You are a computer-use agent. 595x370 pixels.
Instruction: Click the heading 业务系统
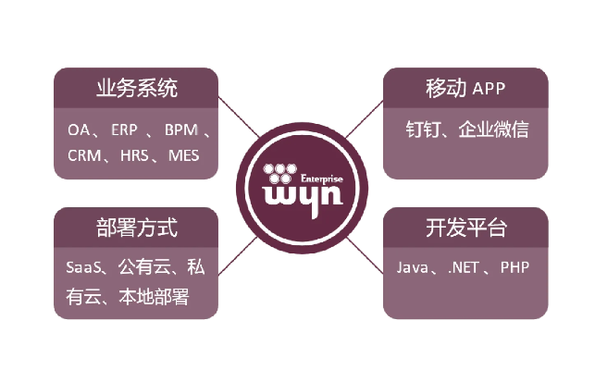coord(137,89)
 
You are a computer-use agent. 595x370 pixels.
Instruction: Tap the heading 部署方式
coord(137,228)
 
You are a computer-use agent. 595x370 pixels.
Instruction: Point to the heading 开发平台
coord(457,228)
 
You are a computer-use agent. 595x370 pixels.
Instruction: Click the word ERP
coord(124,129)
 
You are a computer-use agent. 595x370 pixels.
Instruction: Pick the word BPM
coord(180,129)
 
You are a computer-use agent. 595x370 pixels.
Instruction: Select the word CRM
coord(84,154)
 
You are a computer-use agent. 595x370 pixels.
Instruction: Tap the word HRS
coord(136,154)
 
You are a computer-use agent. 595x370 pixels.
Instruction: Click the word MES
coord(184,154)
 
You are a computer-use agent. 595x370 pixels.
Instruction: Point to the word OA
coord(78,129)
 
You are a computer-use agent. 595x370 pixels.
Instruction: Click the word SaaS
coord(83,268)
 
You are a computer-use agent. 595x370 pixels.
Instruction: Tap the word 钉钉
coord(423,129)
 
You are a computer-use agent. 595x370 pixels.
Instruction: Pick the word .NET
coord(464,268)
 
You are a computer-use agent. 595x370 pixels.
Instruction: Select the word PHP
coord(514,268)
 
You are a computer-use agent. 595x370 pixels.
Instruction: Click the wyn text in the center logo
coord(296,196)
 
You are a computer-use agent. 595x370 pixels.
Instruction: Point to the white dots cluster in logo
coord(279,172)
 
